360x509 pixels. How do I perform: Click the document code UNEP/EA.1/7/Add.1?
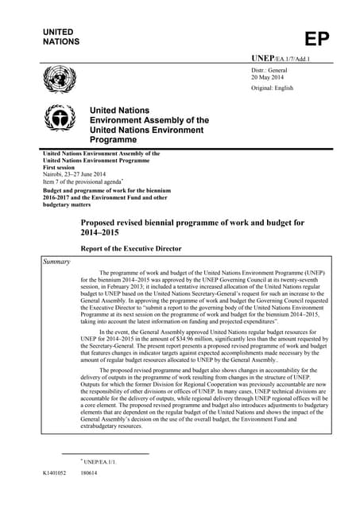point(281,60)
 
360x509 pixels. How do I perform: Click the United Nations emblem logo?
point(56,79)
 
